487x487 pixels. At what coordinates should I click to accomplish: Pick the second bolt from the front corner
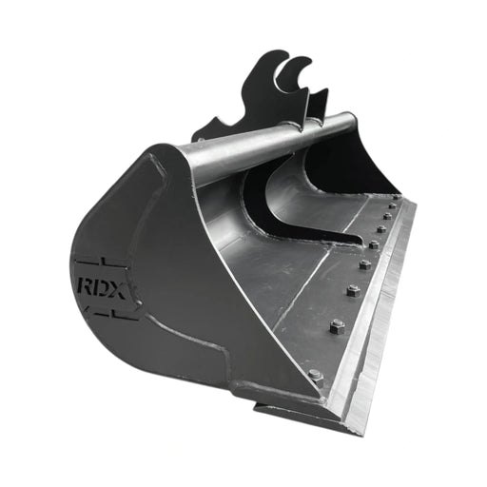pos(336,327)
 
